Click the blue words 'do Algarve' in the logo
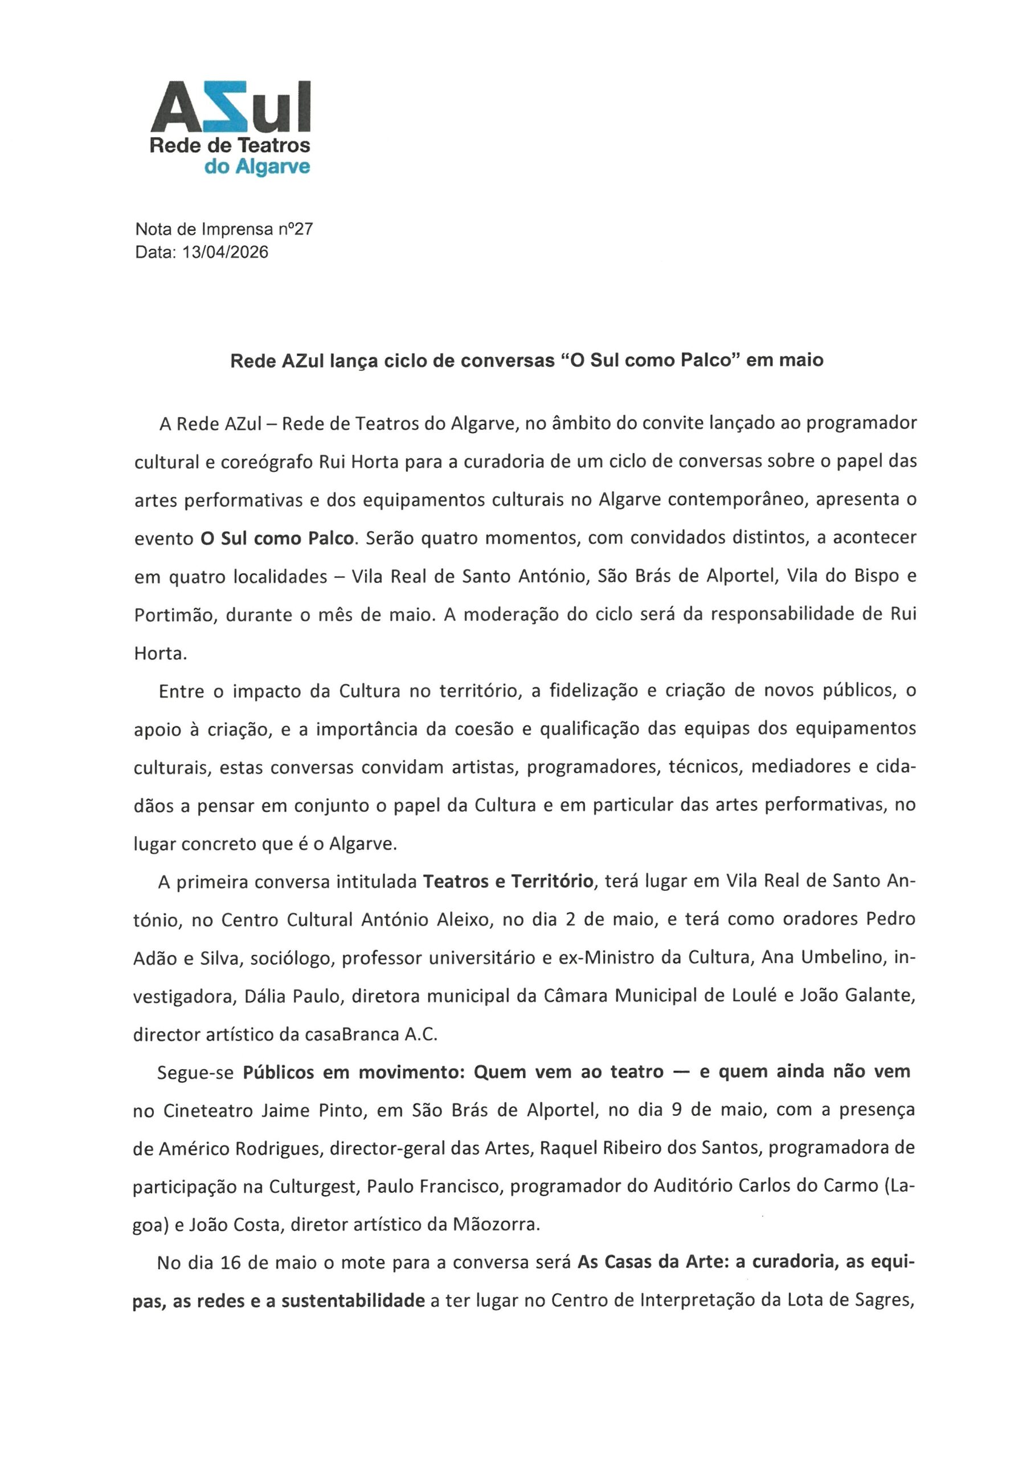click(x=257, y=167)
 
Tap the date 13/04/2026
click(x=225, y=252)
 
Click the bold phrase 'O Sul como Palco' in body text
click(x=276, y=538)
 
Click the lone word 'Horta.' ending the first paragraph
click(x=160, y=654)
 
